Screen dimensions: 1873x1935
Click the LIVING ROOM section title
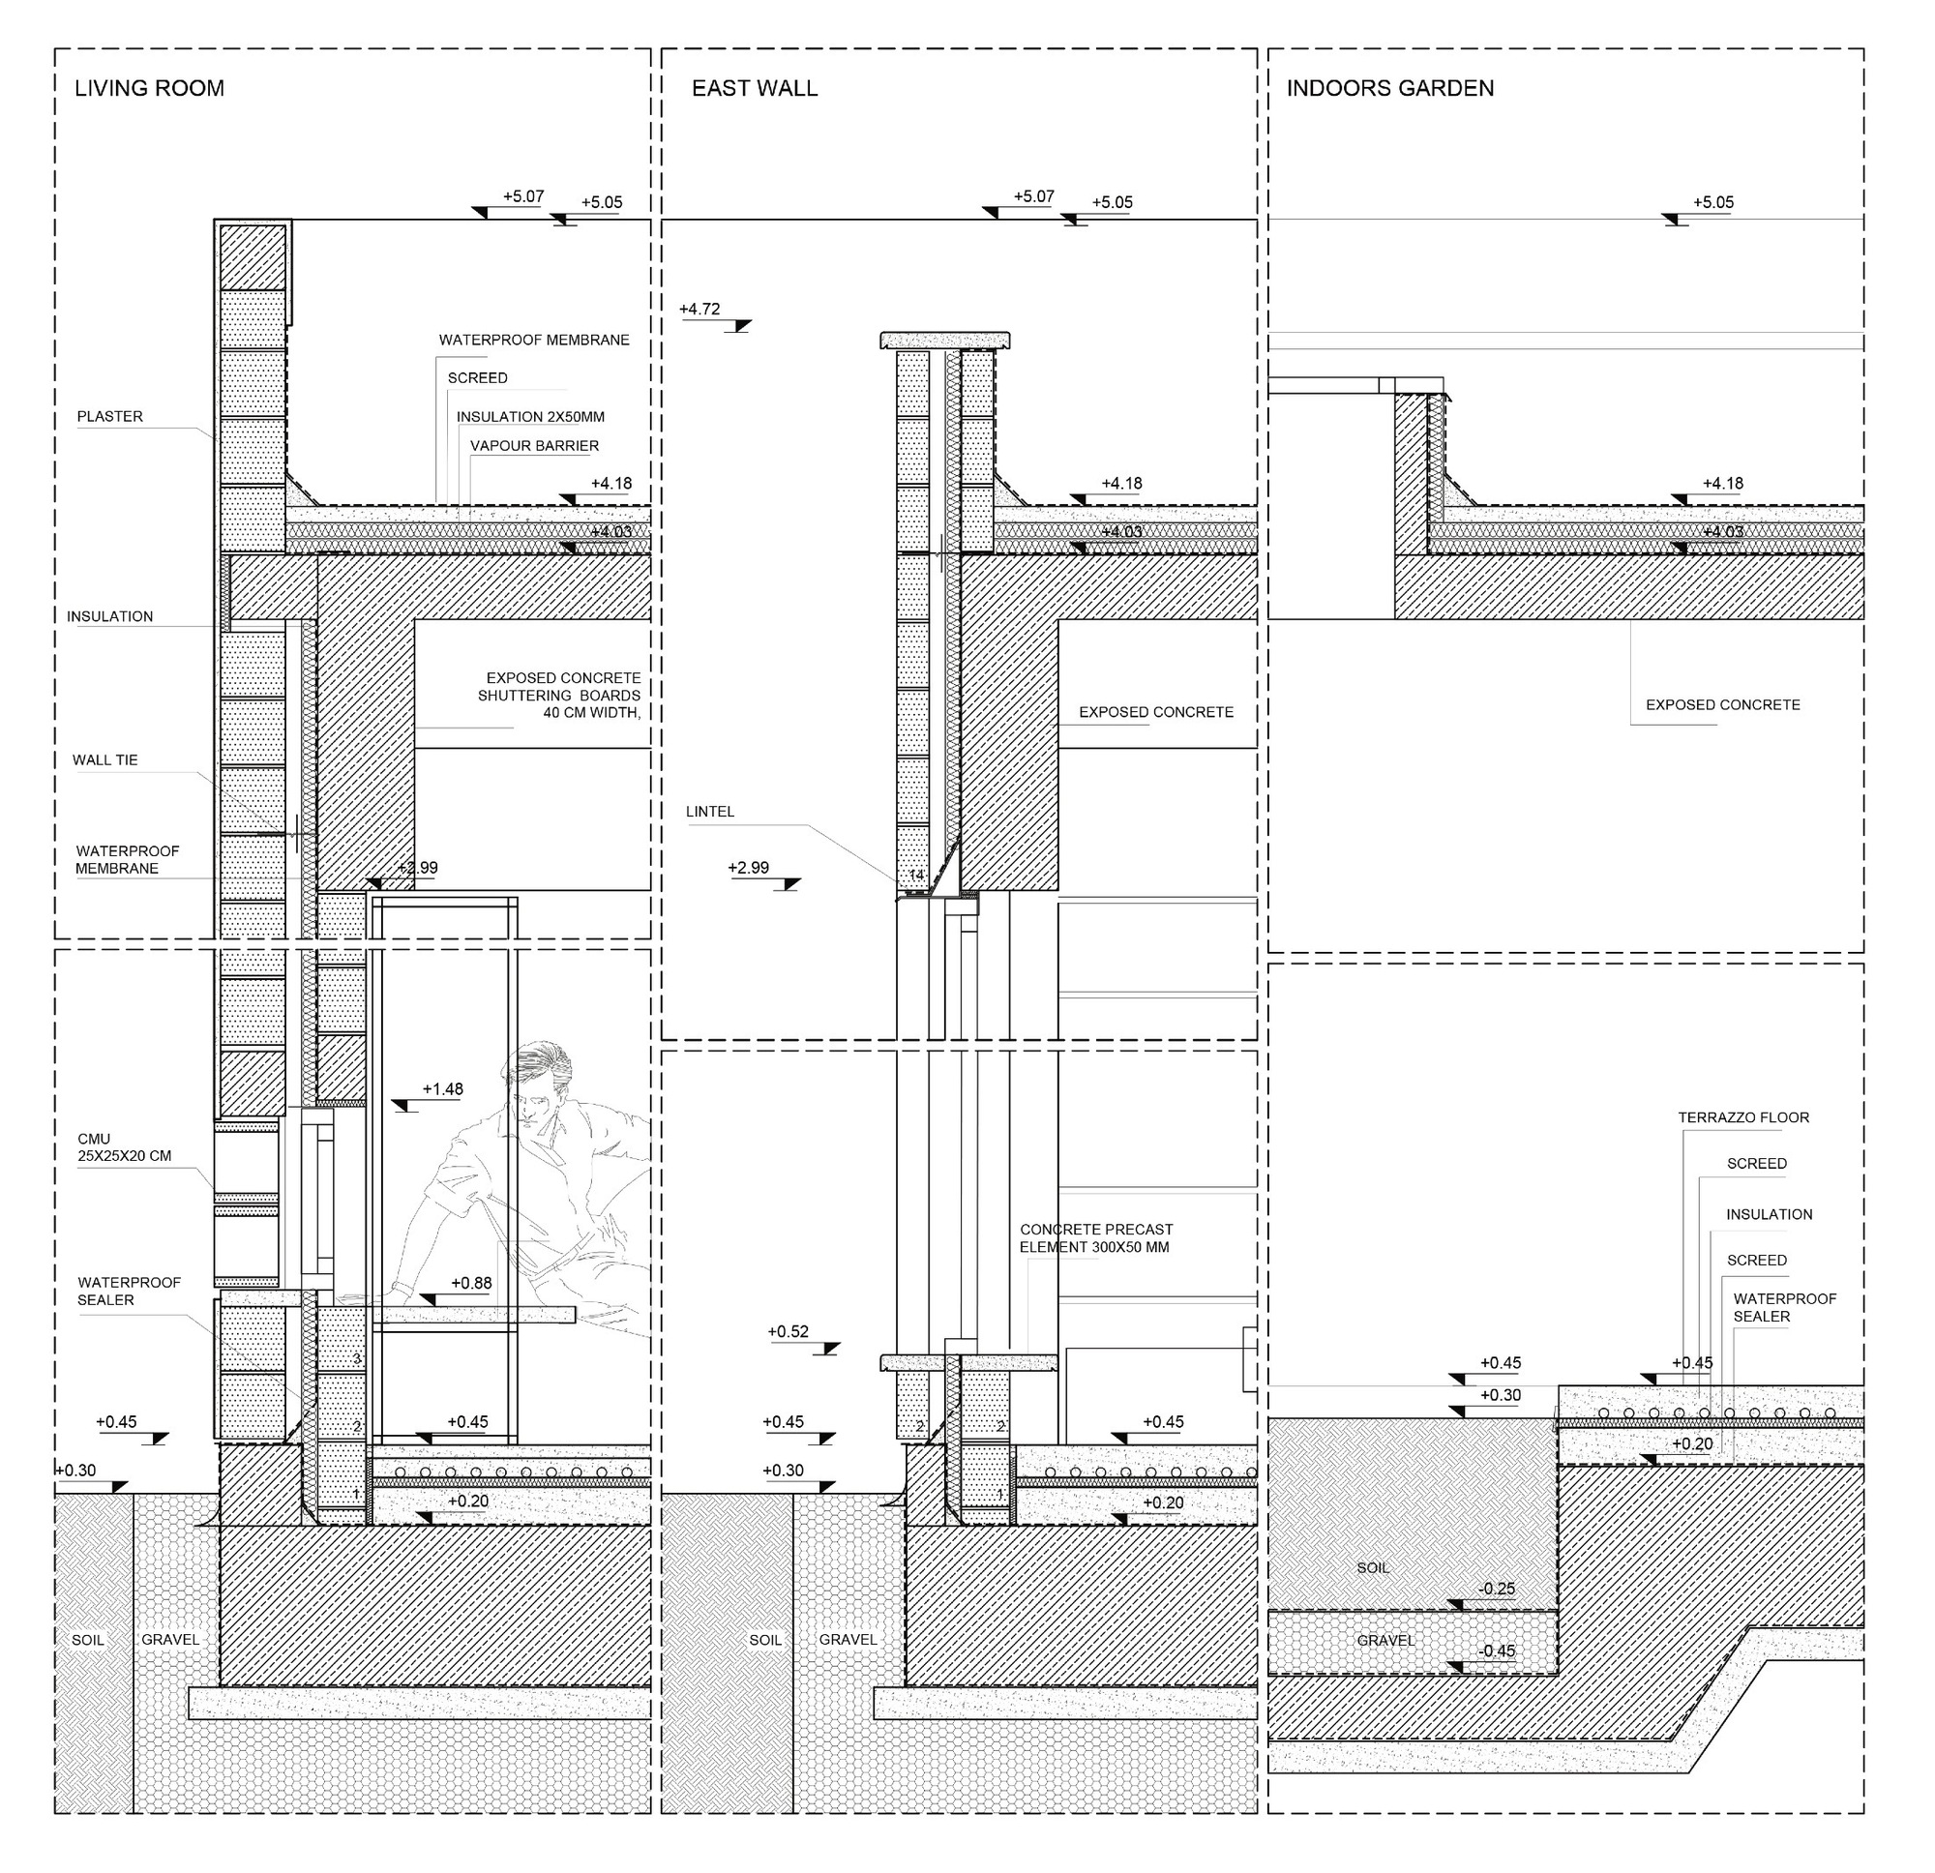pos(150,89)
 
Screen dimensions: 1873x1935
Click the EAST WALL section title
pos(755,89)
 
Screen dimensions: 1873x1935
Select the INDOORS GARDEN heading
pos(1389,89)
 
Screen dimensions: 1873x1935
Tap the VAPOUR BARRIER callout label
pos(534,446)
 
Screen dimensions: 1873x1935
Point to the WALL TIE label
pos(104,760)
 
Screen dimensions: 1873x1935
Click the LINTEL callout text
pos(710,812)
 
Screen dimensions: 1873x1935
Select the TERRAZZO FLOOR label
pos(1743,1117)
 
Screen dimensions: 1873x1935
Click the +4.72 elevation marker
pos(700,310)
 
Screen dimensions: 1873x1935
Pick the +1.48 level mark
pos(442,1089)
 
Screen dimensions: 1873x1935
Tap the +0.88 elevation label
pos(471,1284)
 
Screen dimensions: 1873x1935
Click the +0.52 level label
pos(788,1332)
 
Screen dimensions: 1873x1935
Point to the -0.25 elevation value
pos(1497,1589)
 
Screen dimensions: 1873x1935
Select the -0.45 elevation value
pos(1497,1650)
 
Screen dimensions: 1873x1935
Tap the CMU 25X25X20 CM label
pos(124,1147)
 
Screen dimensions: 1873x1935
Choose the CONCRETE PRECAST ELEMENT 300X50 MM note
pos(1096,1238)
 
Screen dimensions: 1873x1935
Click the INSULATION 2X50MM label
pos(530,418)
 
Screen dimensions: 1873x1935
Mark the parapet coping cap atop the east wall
pos(945,341)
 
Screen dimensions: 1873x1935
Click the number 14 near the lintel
pos(916,876)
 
